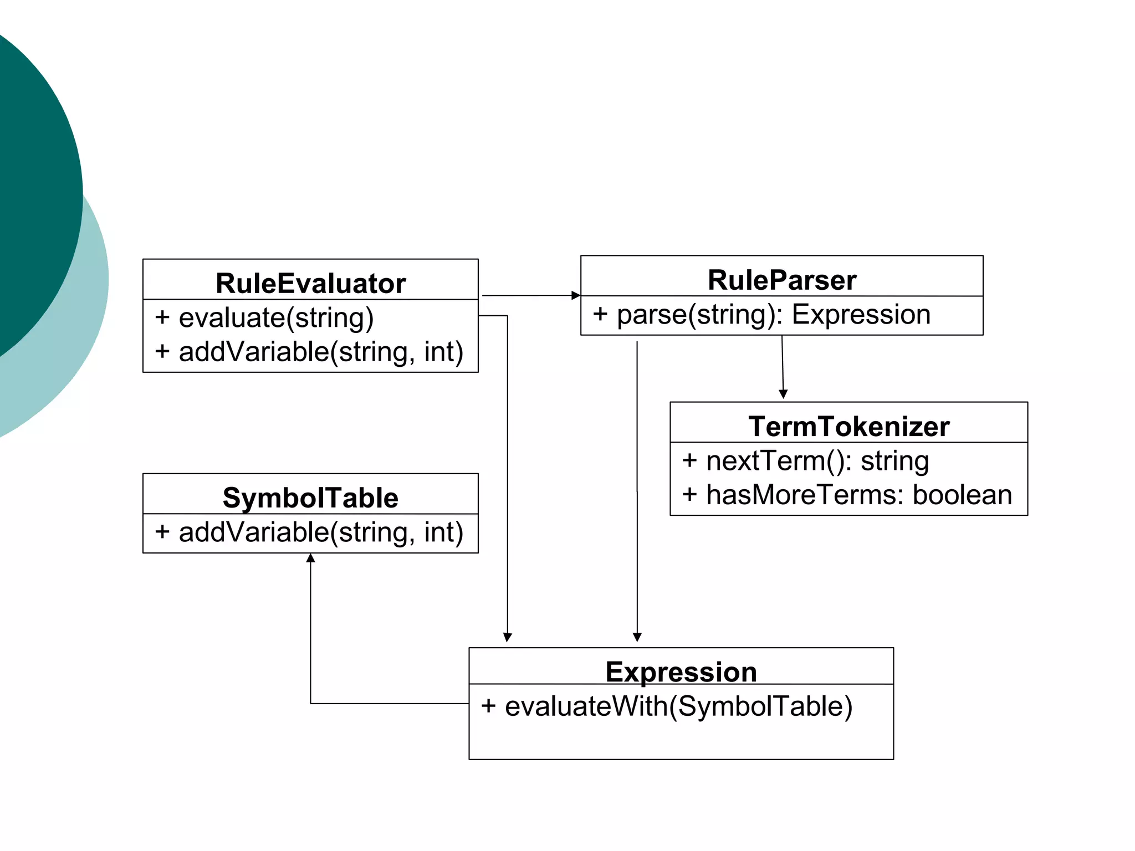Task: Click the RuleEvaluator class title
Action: coord(310,283)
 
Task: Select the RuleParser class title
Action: coord(781,280)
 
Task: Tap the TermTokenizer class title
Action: coord(848,426)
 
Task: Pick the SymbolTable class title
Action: coord(310,498)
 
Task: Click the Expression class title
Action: coord(681,671)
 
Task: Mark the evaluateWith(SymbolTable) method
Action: coord(678,706)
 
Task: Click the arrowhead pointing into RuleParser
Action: coord(576,295)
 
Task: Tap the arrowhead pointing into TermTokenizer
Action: coord(783,394)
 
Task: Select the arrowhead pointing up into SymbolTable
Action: coord(310,558)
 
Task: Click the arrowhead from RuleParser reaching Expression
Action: coord(637,637)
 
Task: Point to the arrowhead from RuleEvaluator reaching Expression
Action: coord(507,637)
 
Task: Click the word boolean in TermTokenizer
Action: coord(962,495)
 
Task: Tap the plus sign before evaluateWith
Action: coord(488,706)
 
